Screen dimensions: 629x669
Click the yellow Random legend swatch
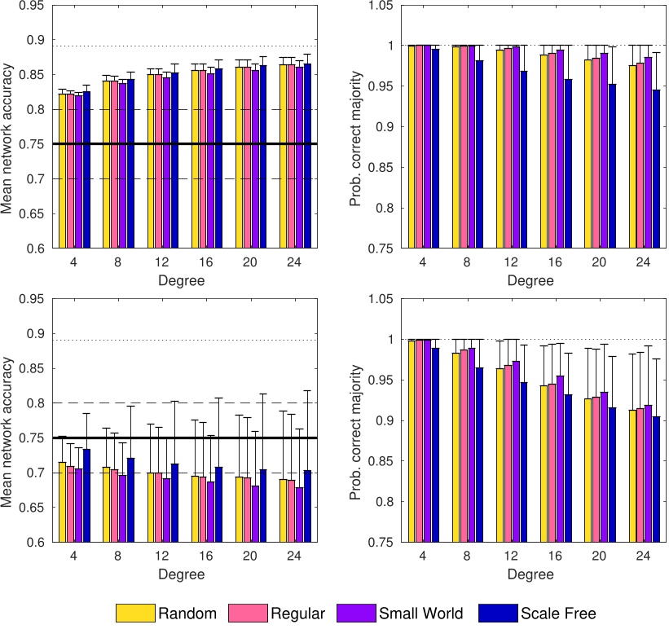[134, 614]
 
